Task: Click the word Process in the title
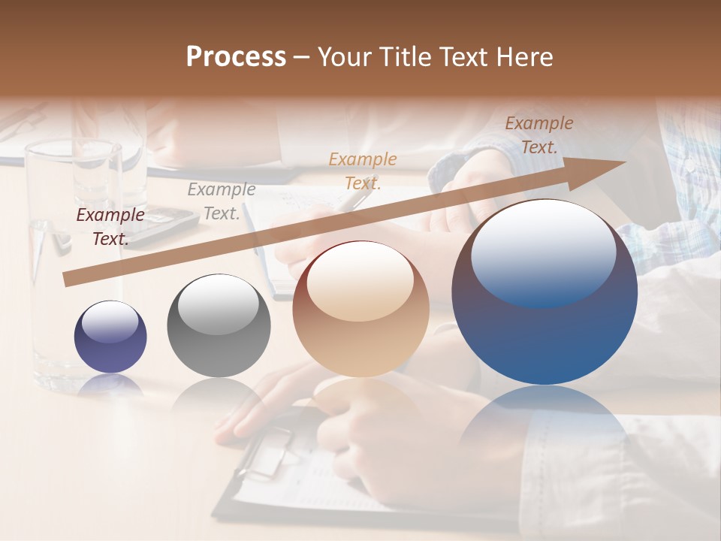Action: pyautogui.click(x=236, y=57)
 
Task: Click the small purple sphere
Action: pyautogui.click(x=110, y=337)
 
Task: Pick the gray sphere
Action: pyautogui.click(x=219, y=326)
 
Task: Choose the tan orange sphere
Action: pyautogui.click(x=360, y=309)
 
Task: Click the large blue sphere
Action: pyautogui.click(x=545, y=293)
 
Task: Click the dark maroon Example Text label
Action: pyautogui.click(x=110, y=227)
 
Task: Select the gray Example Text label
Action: pyautogui.click(x=222, y=201)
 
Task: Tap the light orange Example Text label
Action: pyautogui.click(x=363, y=171)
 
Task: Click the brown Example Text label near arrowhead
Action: pyautogui.click(x=539, y=135)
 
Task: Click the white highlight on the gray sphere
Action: pyautogui.click(x=219, y=304)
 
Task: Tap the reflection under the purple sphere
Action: pyautogui.click(x=110, y=385)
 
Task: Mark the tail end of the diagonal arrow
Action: pyautogui.click(x=69, y=279)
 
